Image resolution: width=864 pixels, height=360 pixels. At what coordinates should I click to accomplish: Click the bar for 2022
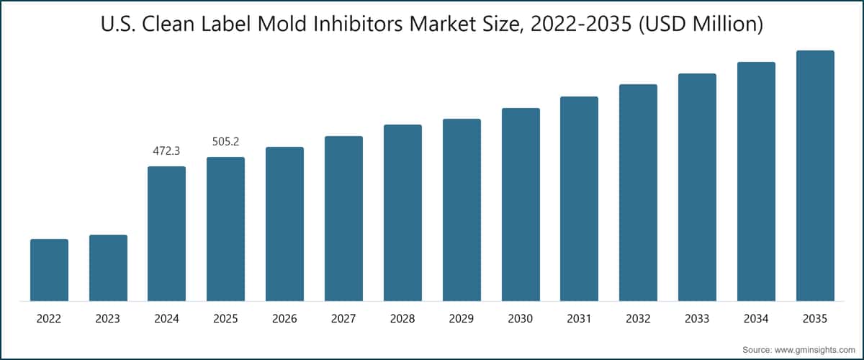click(x=50, y=270)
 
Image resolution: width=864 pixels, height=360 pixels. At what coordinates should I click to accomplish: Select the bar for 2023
click(x=109, y=268)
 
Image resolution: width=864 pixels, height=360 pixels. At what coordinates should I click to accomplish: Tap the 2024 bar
click(x=166, y=234)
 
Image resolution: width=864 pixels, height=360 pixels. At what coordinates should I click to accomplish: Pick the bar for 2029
click(x=462, y=210)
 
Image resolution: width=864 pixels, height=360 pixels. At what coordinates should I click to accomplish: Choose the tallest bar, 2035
click(x=815, y=176)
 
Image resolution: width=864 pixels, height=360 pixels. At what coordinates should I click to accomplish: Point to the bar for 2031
click(x=580, y=199)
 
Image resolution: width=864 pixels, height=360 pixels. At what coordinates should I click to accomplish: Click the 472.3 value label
click(x=166, y=151)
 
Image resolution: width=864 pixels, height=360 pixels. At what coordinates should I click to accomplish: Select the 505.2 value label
click(x=225, y=142)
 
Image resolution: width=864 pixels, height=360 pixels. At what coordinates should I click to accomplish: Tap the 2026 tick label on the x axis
click(x=284, y=319)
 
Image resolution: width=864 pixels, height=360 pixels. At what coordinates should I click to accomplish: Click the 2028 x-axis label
click(x=402, y=319)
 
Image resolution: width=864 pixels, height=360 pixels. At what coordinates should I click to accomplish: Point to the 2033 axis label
click(x=697, y=319)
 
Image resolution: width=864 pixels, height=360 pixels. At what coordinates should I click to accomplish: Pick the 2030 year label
click(x=521, y=319)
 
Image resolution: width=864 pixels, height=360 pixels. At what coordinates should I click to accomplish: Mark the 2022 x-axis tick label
click(x=49, y=319)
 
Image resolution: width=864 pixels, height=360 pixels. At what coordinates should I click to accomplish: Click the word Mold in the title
click(x=282, y=24)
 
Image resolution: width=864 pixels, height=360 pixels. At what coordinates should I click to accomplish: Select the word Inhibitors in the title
click(x=358, y=24)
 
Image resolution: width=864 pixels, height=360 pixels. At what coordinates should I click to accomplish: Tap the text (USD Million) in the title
click(x=701, y=24)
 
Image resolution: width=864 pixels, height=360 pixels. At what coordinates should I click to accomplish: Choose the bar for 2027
click(x=343, y=218)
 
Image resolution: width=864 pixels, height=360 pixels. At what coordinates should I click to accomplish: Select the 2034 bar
click(x=757, y=181)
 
